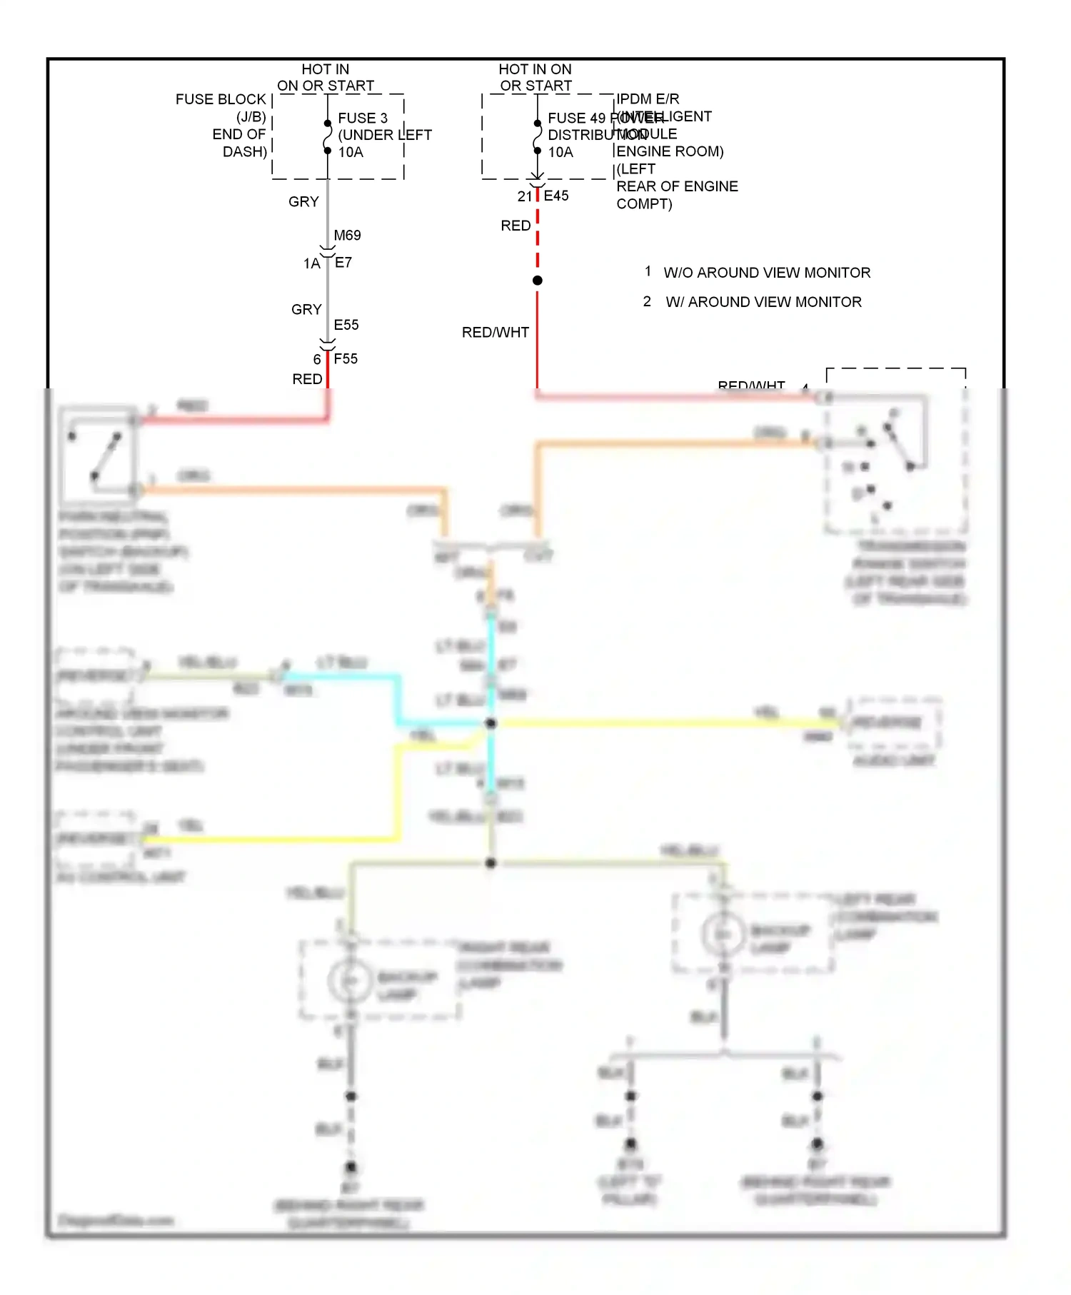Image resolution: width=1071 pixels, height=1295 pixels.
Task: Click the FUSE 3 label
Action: [363, 118]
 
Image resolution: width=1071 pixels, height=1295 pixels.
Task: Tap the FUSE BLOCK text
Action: [221, 99]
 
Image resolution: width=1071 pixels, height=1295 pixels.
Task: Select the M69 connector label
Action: [347, 235]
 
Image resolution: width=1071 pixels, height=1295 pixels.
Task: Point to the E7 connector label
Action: [343, 263]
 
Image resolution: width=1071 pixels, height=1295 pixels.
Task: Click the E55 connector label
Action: [346, 325]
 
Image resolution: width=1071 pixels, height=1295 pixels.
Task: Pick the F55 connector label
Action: [346, 359]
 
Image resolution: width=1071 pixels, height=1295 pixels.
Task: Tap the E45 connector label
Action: [556, 196]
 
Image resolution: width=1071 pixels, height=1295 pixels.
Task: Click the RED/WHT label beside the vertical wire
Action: [495, 333]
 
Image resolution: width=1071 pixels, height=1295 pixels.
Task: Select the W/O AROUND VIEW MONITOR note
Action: [766, 273]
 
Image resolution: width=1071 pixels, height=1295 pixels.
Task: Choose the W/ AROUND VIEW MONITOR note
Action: [763, 302]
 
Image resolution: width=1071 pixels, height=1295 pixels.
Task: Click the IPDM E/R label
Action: [648, 99]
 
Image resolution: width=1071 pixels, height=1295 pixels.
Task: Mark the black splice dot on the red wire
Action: [538, 281]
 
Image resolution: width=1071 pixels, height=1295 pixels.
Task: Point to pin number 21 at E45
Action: [525, 196]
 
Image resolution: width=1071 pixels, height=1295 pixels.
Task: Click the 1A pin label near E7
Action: [311, 263]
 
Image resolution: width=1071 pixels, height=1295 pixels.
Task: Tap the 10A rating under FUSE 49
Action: [560, 152]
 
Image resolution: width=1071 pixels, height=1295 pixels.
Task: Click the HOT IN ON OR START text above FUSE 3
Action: [326, 77]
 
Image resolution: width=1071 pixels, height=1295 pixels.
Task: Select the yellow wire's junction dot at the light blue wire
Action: [491, 723]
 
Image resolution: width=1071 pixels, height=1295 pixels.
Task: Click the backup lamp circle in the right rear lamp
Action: [350, 981]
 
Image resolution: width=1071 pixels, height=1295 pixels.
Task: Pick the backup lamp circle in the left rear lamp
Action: [723, 934]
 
